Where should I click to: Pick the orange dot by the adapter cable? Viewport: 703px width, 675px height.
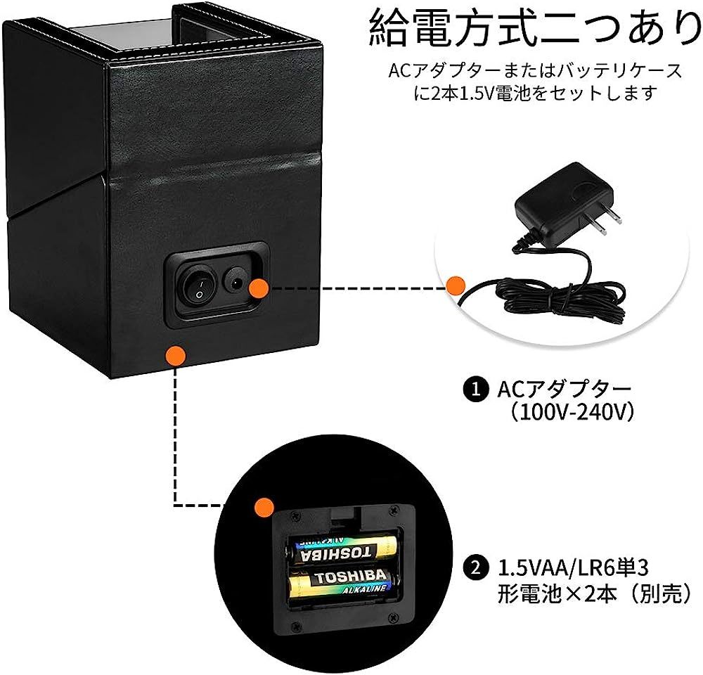456,285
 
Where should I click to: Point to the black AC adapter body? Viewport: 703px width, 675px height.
555,203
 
